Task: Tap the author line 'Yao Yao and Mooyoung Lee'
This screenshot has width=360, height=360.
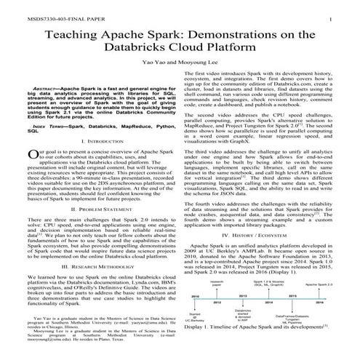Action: tap(180, 64)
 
